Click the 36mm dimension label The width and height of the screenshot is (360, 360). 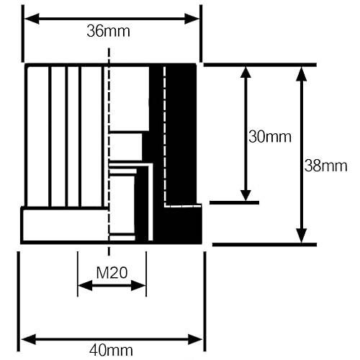click(108, 31)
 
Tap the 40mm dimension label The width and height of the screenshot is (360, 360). click(111, 351)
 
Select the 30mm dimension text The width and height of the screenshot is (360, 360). click(270, 137)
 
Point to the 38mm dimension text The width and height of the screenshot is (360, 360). click(326, 166)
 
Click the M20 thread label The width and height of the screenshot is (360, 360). click(112, 273)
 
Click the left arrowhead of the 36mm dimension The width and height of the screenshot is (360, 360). click(32, 19)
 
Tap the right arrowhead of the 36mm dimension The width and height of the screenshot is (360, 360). click(192, 19)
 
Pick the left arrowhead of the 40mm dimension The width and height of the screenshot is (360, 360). click(29, 339)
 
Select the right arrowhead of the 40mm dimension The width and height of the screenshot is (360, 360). click(195, 339)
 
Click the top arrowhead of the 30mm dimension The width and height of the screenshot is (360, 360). click(246, 72)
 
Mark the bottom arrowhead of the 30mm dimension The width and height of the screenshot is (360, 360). click(246, 195)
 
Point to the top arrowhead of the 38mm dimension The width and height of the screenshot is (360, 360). click(302, 73)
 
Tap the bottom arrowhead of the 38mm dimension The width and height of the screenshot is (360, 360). click(302, 235)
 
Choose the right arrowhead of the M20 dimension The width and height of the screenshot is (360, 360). click(138, 285)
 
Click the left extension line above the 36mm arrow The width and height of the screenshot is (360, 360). click(23, 34)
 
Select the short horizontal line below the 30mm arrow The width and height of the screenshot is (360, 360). click(234, 203)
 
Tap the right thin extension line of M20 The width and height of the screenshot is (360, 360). click(146, 274)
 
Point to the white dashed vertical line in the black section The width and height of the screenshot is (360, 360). click(165, 136)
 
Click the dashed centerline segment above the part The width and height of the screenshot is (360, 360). click(109, 55)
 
